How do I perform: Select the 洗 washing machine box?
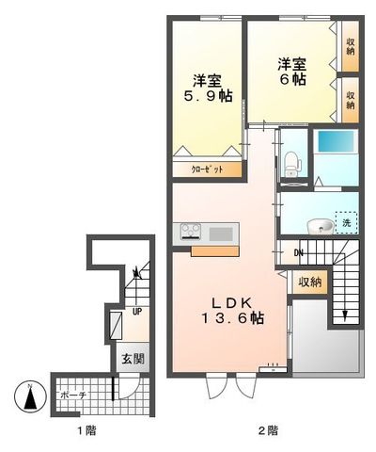pos(346,223)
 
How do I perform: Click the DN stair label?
pos(297,251)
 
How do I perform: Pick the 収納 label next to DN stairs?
pos(310,281)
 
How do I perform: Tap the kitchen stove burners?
pos(188,231)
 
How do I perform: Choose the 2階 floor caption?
pos(268,431)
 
